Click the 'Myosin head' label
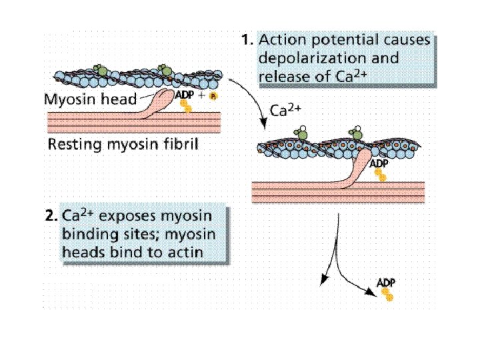[x=90, y=99]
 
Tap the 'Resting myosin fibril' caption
[x=123, y=144]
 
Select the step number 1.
[x=247, y=40]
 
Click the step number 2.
[x=51, y=216]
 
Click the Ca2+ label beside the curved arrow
[x=285, y=111]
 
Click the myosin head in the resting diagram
[x=156, y=103]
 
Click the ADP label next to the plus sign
[x=185, y=95]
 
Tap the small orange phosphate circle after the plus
[x=213, y=97]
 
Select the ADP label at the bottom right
[x=386, y=283]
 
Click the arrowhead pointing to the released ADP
[x=371, y=293]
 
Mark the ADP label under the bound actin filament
[x=379, y=163]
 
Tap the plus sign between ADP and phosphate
[x=201, y=95]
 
